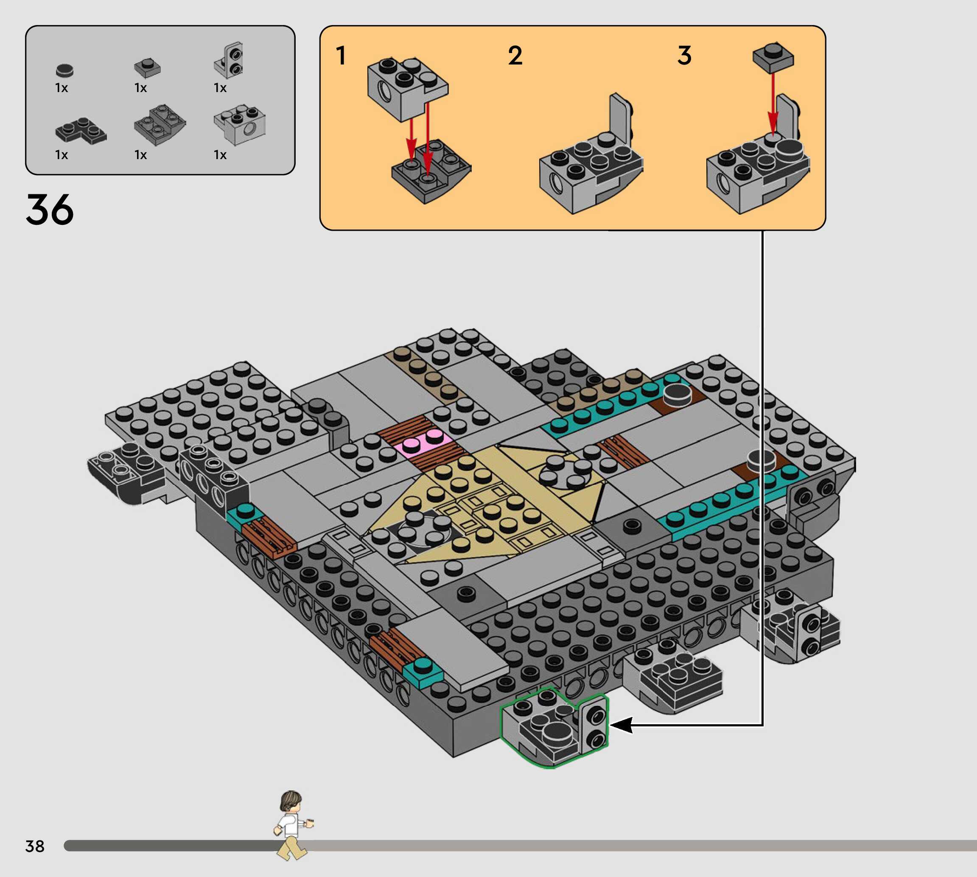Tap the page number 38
(x=35, y=846)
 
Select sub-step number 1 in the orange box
(x=341, y=56)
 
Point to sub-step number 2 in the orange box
(x=515, y=56)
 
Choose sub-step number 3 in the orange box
(x=684, y=56)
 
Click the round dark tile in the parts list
(x=64, y=70)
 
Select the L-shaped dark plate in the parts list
(x=81, y=130)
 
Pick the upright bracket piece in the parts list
(x=228, y=60)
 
